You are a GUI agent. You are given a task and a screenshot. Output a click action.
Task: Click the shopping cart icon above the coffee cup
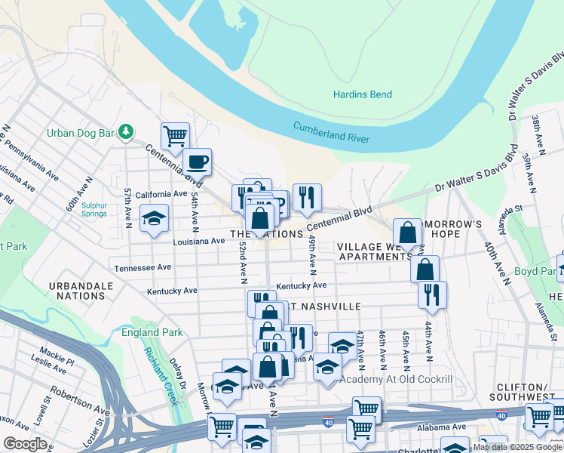(175, 136)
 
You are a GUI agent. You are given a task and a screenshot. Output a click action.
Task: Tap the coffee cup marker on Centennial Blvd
(198, 161)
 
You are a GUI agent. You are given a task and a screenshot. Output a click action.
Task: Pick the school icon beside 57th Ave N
(155, 218)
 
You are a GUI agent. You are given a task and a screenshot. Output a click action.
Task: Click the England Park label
(152, 332)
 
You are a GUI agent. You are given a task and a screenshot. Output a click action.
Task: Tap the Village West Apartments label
(375, 251)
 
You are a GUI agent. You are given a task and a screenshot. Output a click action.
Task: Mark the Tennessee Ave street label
(143, 268)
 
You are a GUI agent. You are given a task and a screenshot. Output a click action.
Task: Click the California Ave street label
(161, 194)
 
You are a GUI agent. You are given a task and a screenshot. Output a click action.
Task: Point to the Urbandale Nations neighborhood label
(81, 291)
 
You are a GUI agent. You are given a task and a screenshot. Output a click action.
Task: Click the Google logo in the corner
(25, 444)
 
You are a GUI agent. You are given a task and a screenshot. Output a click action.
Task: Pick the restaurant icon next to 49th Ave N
(307, 197)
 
